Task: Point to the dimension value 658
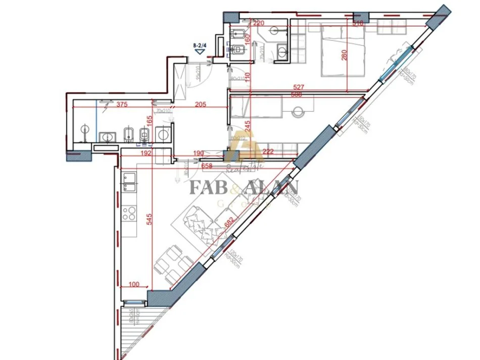pos(207,165)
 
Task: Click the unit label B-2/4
pos(201,45)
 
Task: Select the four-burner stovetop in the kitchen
pos(129,212)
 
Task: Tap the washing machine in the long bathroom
pos(163,134)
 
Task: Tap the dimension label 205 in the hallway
pos(201,105)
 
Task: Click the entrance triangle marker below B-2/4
pos(201,51)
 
